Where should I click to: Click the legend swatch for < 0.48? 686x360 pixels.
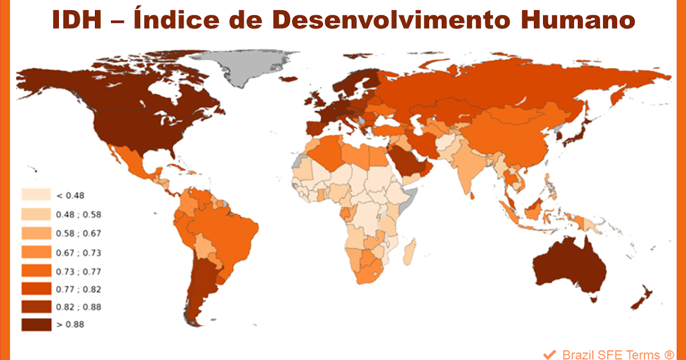[35, 195]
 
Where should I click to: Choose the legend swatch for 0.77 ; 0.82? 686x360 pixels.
[35, 289]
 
